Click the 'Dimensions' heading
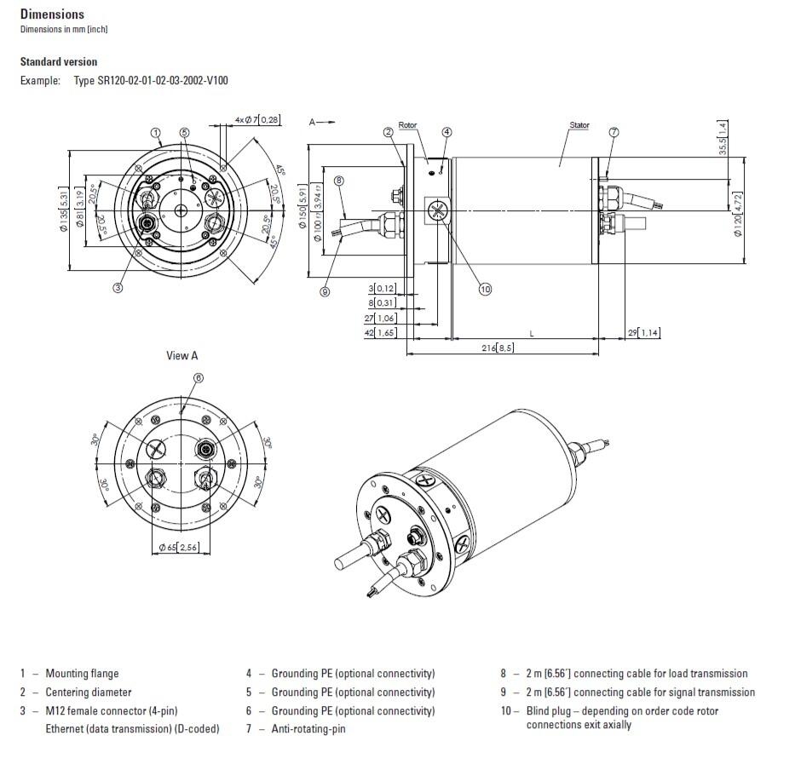(x=52, y=14)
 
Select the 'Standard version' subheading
(x=59, y=62)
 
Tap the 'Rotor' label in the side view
(x=408, y=125)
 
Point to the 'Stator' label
(x=579, y=125)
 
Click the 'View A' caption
(x=181, y=356)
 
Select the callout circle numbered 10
(x=485, y=290)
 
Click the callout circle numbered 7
(x=614, y=132)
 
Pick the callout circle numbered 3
(x=118, y=288)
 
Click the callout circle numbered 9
(x=325, y=291)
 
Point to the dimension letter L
(x=532, y=333)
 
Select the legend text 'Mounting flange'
(x=82, y=674)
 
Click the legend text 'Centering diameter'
(x=89, y=692)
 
